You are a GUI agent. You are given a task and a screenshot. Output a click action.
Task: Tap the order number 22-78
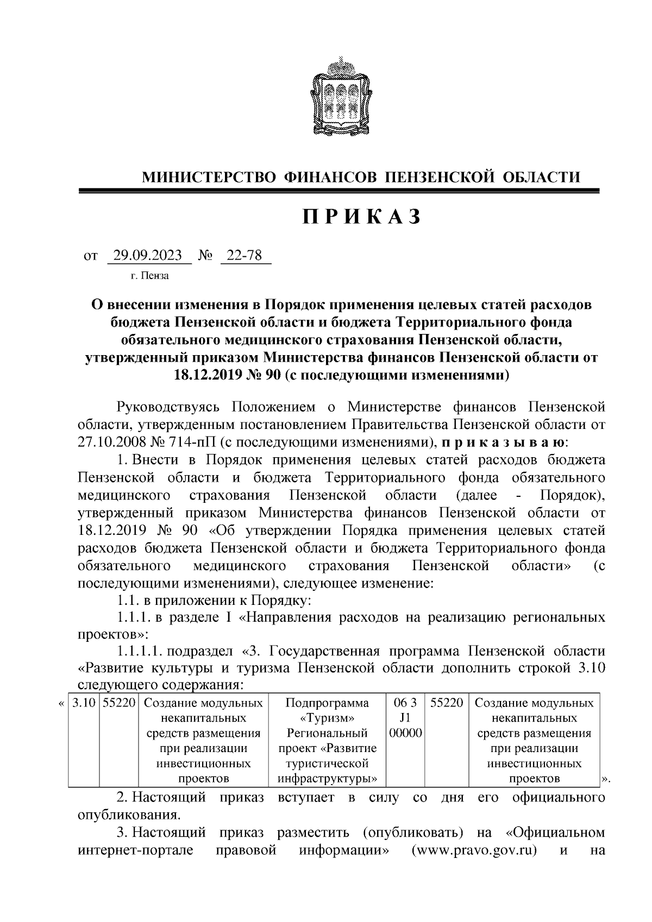tap(245, 255)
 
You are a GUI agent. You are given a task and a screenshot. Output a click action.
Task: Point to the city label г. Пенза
tap(149, 276)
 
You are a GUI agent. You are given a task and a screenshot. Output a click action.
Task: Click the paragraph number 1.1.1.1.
tap(139, 651)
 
